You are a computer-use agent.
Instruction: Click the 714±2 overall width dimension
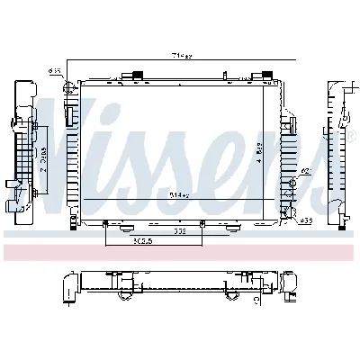[183, 56]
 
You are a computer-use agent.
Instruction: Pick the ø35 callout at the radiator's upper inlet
[55, 68]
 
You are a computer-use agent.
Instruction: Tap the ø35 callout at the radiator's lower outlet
[306, 220]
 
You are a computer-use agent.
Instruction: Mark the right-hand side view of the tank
[339, 148]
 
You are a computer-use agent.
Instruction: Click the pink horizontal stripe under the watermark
[180, 246]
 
